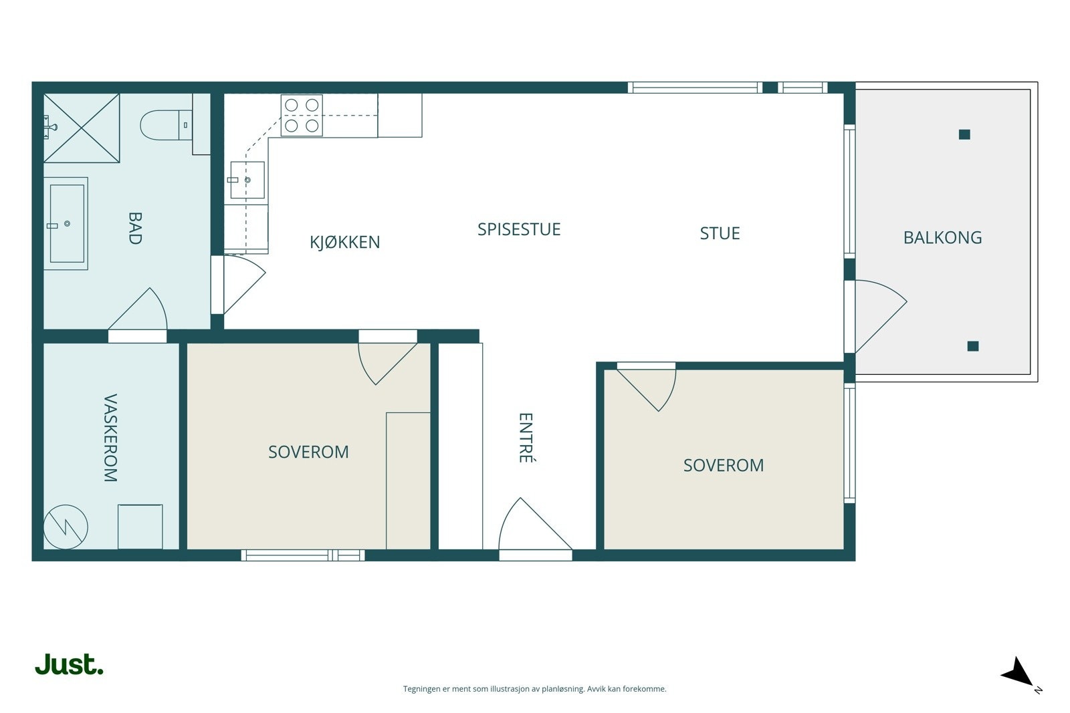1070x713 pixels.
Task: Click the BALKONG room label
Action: click(x=942, y=238)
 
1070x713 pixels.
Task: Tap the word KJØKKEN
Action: click(x=344, y=243)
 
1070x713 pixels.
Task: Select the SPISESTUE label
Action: click(x=519, y=230)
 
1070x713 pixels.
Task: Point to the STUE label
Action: click(x=720, y=233)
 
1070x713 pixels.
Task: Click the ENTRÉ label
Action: click(x=526, y=438)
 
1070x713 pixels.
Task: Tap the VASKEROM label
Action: click(x=110, y=438)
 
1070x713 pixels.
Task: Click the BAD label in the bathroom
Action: click(x=135, y=228)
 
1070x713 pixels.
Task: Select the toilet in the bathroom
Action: click(x=167, y=125)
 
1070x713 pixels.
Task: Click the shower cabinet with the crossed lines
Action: click(x=82, y=128)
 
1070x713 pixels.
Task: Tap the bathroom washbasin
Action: click(x=66, y=223)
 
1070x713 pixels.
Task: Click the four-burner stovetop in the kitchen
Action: click(x=302, y=116)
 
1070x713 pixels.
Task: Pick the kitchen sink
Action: click(x=247, y=180)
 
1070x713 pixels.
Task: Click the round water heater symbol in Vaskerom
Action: click(x=66, y=527)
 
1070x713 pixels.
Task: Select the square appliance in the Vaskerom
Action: click(x=140, y=527)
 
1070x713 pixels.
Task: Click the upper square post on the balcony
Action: click(x=964, y=134)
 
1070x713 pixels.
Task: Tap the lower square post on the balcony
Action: click(x=973, y=346)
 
